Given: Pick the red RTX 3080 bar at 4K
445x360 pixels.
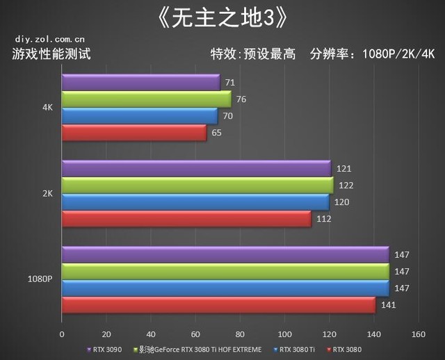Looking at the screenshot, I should [134, 133].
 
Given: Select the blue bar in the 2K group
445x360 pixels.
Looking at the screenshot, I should [195, 202].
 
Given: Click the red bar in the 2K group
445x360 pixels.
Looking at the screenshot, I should [186, 219].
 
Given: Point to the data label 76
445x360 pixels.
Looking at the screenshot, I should [241, 99].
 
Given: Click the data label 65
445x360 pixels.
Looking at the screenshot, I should [217, 133].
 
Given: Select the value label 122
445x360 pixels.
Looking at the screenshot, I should [344, 186].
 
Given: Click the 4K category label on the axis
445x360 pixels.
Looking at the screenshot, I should [47, 108].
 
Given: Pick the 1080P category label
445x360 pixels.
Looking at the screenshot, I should [40, 280].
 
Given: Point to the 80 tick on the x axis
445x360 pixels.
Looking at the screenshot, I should [240, 334].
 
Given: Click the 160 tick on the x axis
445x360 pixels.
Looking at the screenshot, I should [417, 334].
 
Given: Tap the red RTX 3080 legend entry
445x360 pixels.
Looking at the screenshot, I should [346, 350].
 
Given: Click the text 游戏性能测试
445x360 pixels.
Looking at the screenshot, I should [51, 54].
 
